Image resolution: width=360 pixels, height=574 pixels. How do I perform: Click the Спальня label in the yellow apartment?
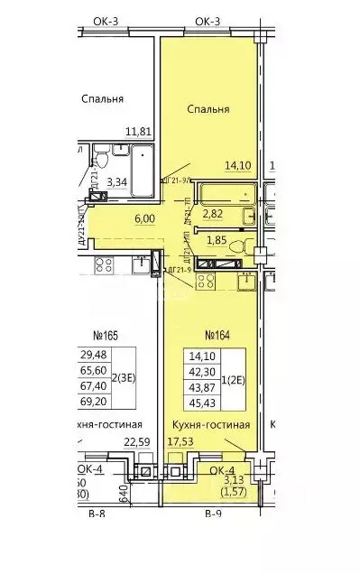point(208,109)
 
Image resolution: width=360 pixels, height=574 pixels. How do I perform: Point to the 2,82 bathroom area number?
point(212,215)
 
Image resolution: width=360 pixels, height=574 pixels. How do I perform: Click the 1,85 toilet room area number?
point(216,241)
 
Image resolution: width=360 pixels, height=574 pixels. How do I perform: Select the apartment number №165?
point(106,337)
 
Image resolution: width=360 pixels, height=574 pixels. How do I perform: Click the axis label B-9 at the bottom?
point(213,566)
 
